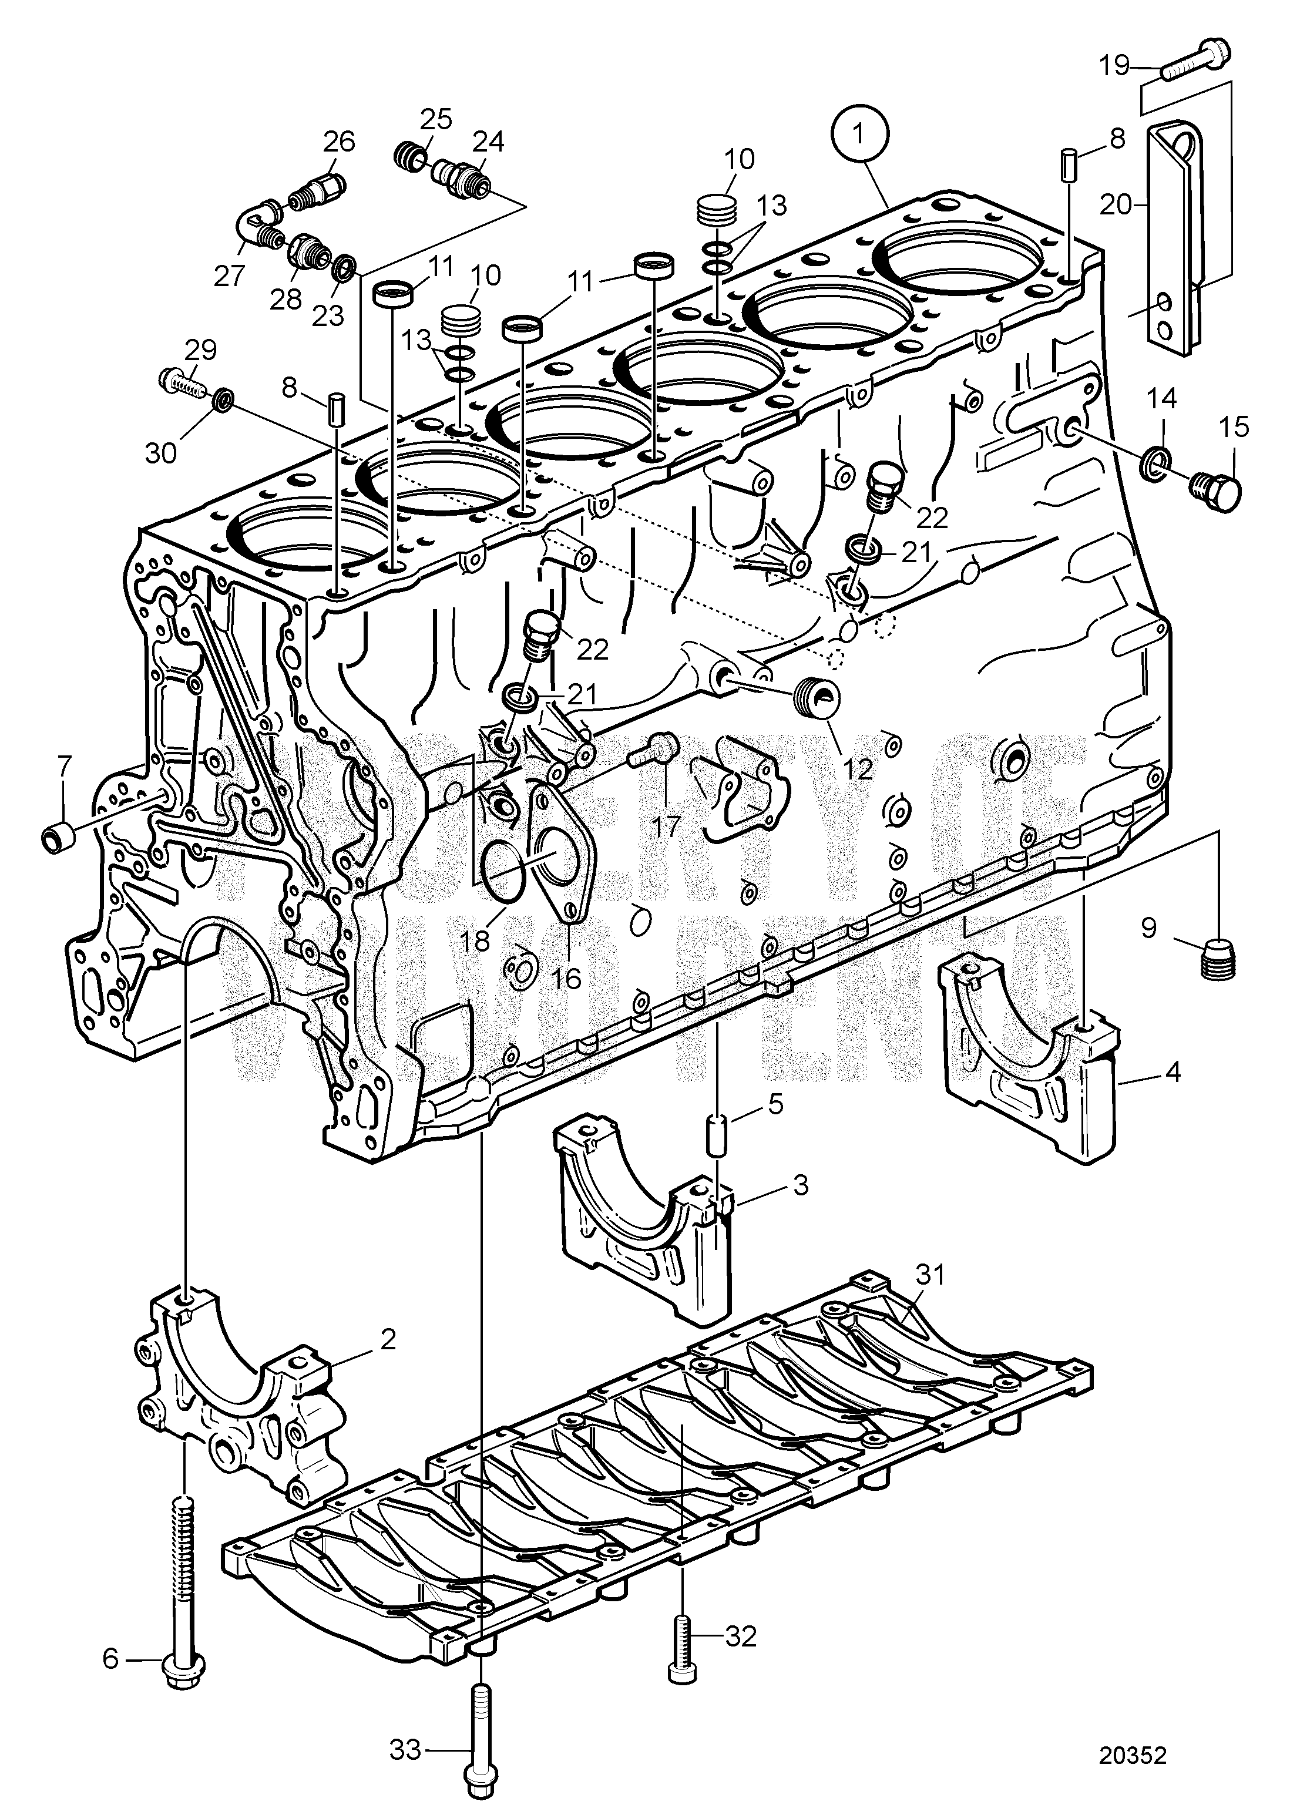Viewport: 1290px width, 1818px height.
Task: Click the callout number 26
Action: (339, 142)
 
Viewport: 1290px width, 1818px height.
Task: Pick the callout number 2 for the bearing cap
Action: (388, 1339)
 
